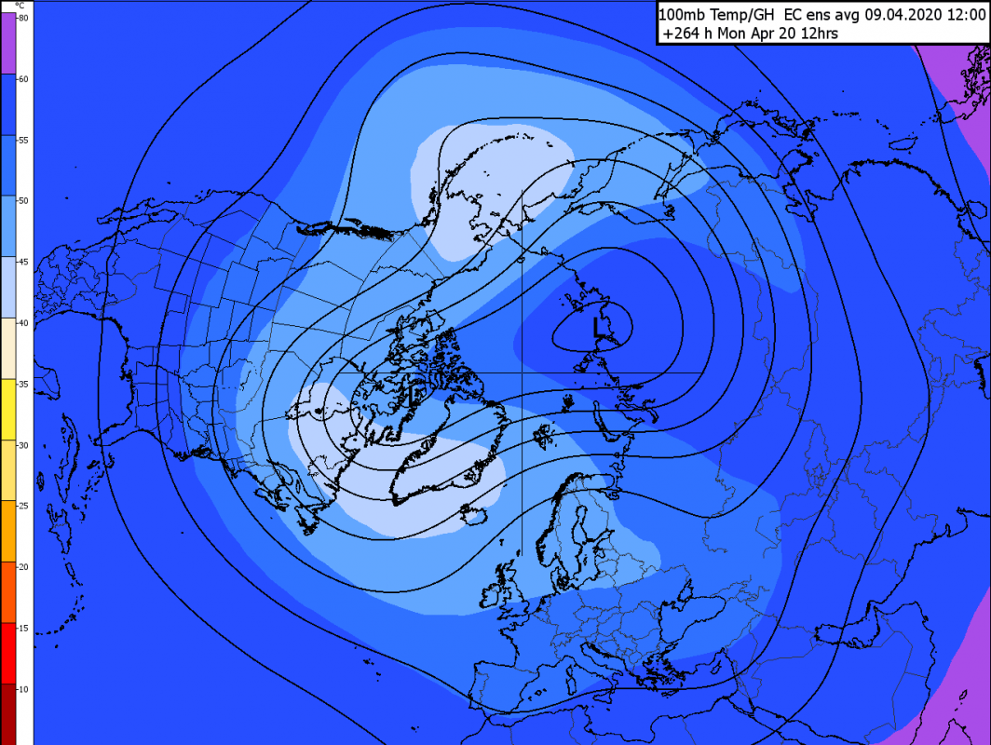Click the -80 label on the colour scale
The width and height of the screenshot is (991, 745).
[23, 18]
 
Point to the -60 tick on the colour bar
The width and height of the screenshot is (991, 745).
[23, 79]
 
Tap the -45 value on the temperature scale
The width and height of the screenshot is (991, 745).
[23, 262]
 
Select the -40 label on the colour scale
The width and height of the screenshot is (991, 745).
[23, 322]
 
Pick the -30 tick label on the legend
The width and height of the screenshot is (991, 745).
[23, 445]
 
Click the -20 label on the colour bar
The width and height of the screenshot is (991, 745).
[23, 566]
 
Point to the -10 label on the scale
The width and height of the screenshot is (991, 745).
[23, 688]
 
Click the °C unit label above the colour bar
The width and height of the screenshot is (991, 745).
[21, 5]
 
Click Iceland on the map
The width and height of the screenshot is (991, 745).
[475, 515]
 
